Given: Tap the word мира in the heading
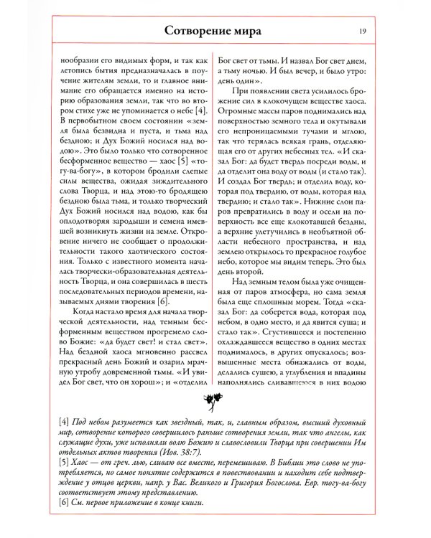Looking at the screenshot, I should click(x=246, y=32).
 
